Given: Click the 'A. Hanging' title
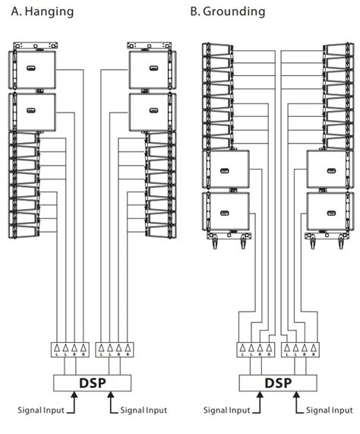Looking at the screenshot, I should [43, 11].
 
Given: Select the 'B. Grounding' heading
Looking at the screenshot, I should [228, 11].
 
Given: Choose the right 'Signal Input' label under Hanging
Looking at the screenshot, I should [141, 410].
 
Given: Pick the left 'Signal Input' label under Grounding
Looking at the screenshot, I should [227, 410].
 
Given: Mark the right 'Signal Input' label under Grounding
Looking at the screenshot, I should [327, 410].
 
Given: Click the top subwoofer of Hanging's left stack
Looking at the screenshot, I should [33, 70].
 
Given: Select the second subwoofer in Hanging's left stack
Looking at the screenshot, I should [33, 111].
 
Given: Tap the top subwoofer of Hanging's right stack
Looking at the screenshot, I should [150, 70].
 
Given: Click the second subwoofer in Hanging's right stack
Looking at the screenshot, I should [150, 111].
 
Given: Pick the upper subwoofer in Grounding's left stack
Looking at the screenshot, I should [226, 170].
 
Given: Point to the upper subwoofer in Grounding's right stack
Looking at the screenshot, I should [328, 170].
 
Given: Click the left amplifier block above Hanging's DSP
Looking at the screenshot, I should [67, 350].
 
